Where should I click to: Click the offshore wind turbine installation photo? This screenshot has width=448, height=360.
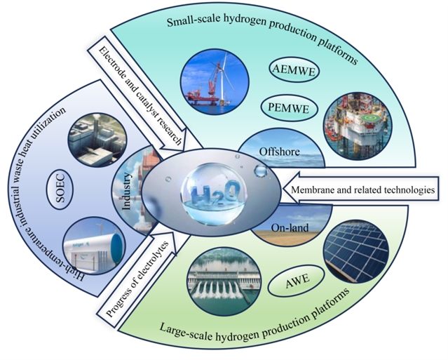point(211,75)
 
